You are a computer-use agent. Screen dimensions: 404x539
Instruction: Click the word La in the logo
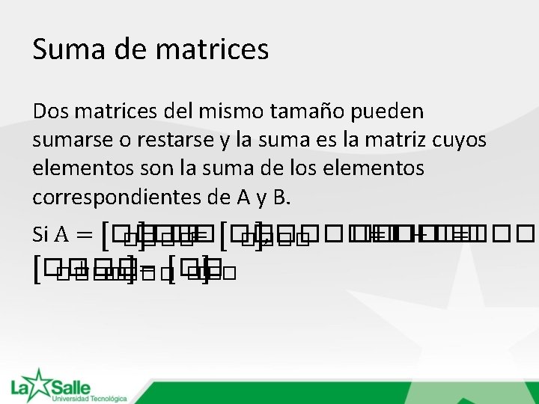[x=19, y=389]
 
